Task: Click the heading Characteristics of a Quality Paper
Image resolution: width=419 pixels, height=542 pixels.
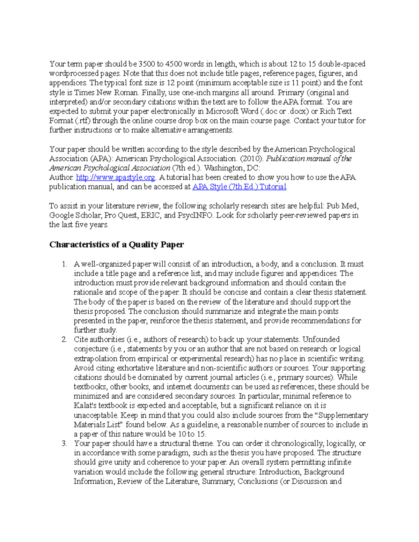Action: pos(116,245)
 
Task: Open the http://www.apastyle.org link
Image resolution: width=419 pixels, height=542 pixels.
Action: pos(115,177)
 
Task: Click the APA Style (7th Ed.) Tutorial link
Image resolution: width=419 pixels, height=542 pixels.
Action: pos(239,187)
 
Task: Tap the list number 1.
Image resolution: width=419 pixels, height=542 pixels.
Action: pos(64,264)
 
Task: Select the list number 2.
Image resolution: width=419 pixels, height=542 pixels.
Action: pos(64,340)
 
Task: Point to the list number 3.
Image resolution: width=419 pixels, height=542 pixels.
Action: pos(64,444)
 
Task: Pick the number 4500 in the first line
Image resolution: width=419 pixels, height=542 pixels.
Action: pos(174,64)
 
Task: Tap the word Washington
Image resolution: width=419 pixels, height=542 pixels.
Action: pos(223,168)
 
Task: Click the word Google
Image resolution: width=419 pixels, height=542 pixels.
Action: pos(61,215)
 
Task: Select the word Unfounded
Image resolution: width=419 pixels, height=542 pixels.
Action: pos(321,340)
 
